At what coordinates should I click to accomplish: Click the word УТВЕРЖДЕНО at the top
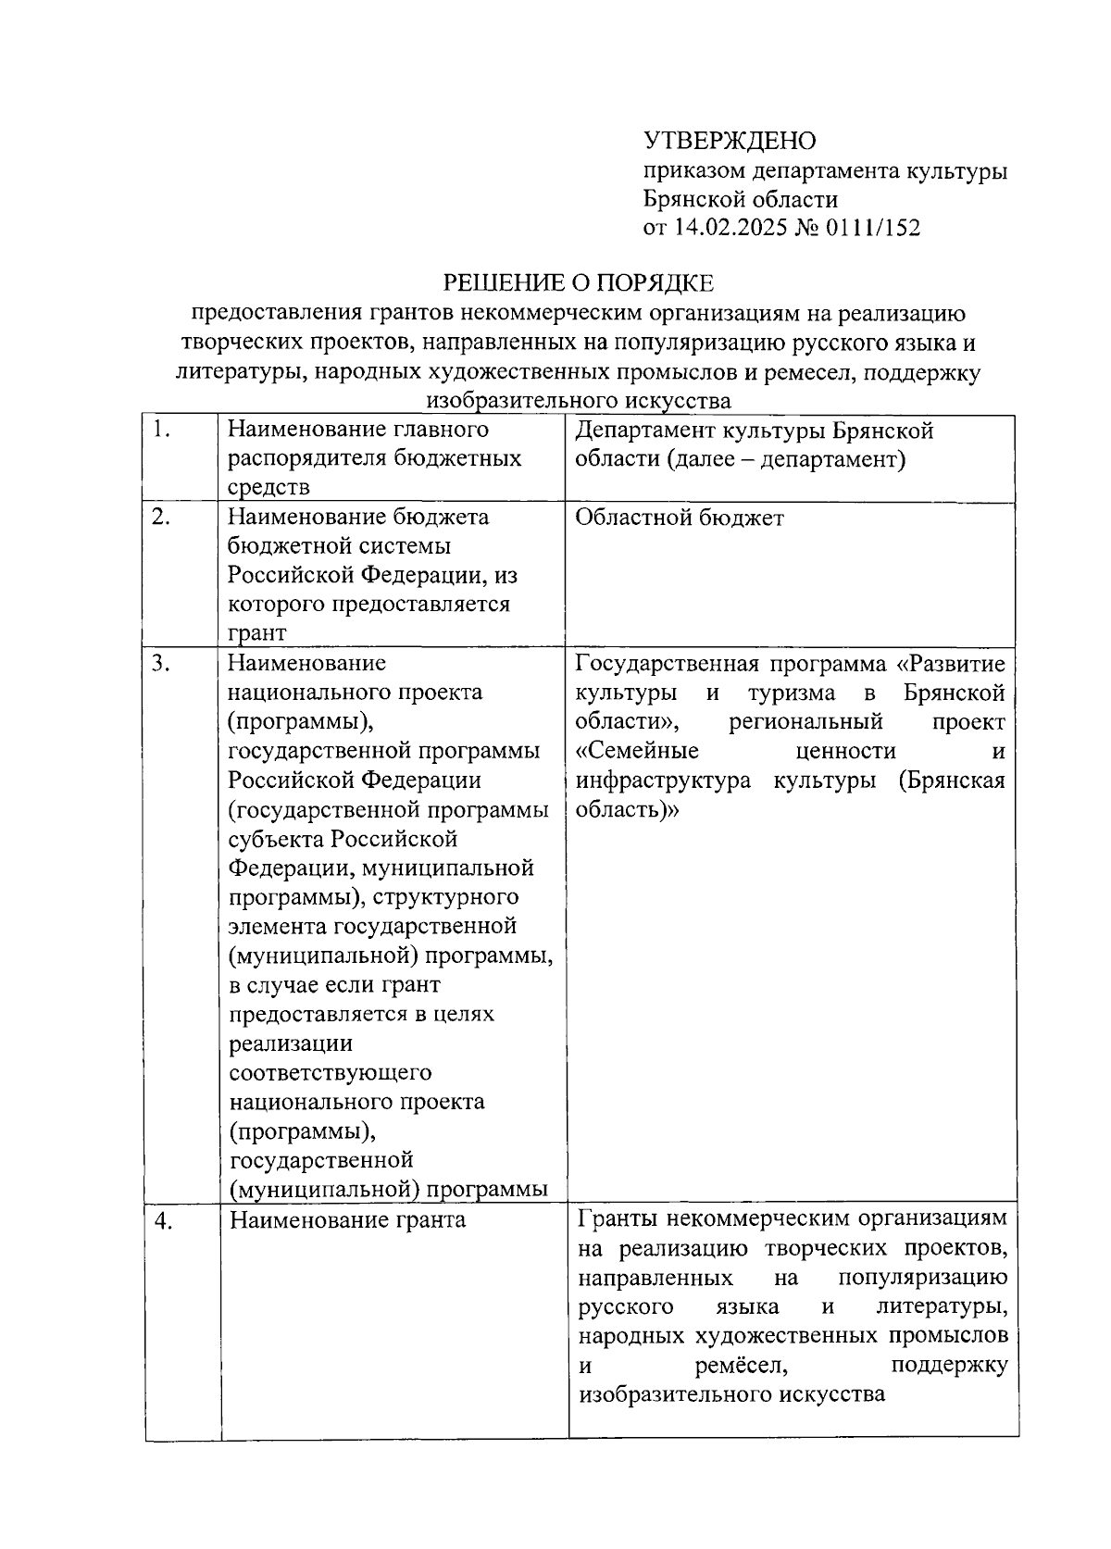point(730,142)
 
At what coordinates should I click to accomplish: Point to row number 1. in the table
point(162,430)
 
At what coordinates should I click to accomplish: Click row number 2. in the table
point(162,517)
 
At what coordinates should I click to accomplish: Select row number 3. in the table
point(162,663)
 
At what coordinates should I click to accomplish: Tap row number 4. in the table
point(164,1221)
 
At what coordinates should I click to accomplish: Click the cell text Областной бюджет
point(679,518)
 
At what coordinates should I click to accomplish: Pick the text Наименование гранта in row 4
point(347,1220)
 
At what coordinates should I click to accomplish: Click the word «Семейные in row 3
point(637,751)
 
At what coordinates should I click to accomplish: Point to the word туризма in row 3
point(791,693)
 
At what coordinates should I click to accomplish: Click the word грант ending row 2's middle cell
point(257,633)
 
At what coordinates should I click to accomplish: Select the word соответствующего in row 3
point(331,1072)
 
